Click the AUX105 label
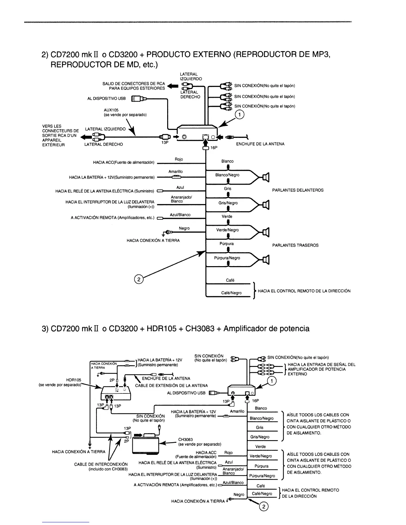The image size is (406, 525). click(x=111, y=110)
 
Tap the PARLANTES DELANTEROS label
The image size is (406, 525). click(x=298, y=190)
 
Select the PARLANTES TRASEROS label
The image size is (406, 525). click(x=295, y=245)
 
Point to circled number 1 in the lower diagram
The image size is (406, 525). click(x=272, y=381)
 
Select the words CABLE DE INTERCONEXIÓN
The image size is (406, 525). click(x=101, y=464)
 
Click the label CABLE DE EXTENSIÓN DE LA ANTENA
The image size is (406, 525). click(x=171, y=385)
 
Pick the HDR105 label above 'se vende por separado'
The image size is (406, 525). click(x=74, y=380)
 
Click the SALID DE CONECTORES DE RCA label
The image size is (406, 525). click(x=133, y=84)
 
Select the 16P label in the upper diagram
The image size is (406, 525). click(x=214, y=148)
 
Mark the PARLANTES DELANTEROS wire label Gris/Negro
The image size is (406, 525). click(x=228, y=203)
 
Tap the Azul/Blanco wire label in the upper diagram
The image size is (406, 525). click(x=180, y=215)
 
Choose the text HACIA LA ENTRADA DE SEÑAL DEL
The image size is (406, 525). click(x=321, y=365)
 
